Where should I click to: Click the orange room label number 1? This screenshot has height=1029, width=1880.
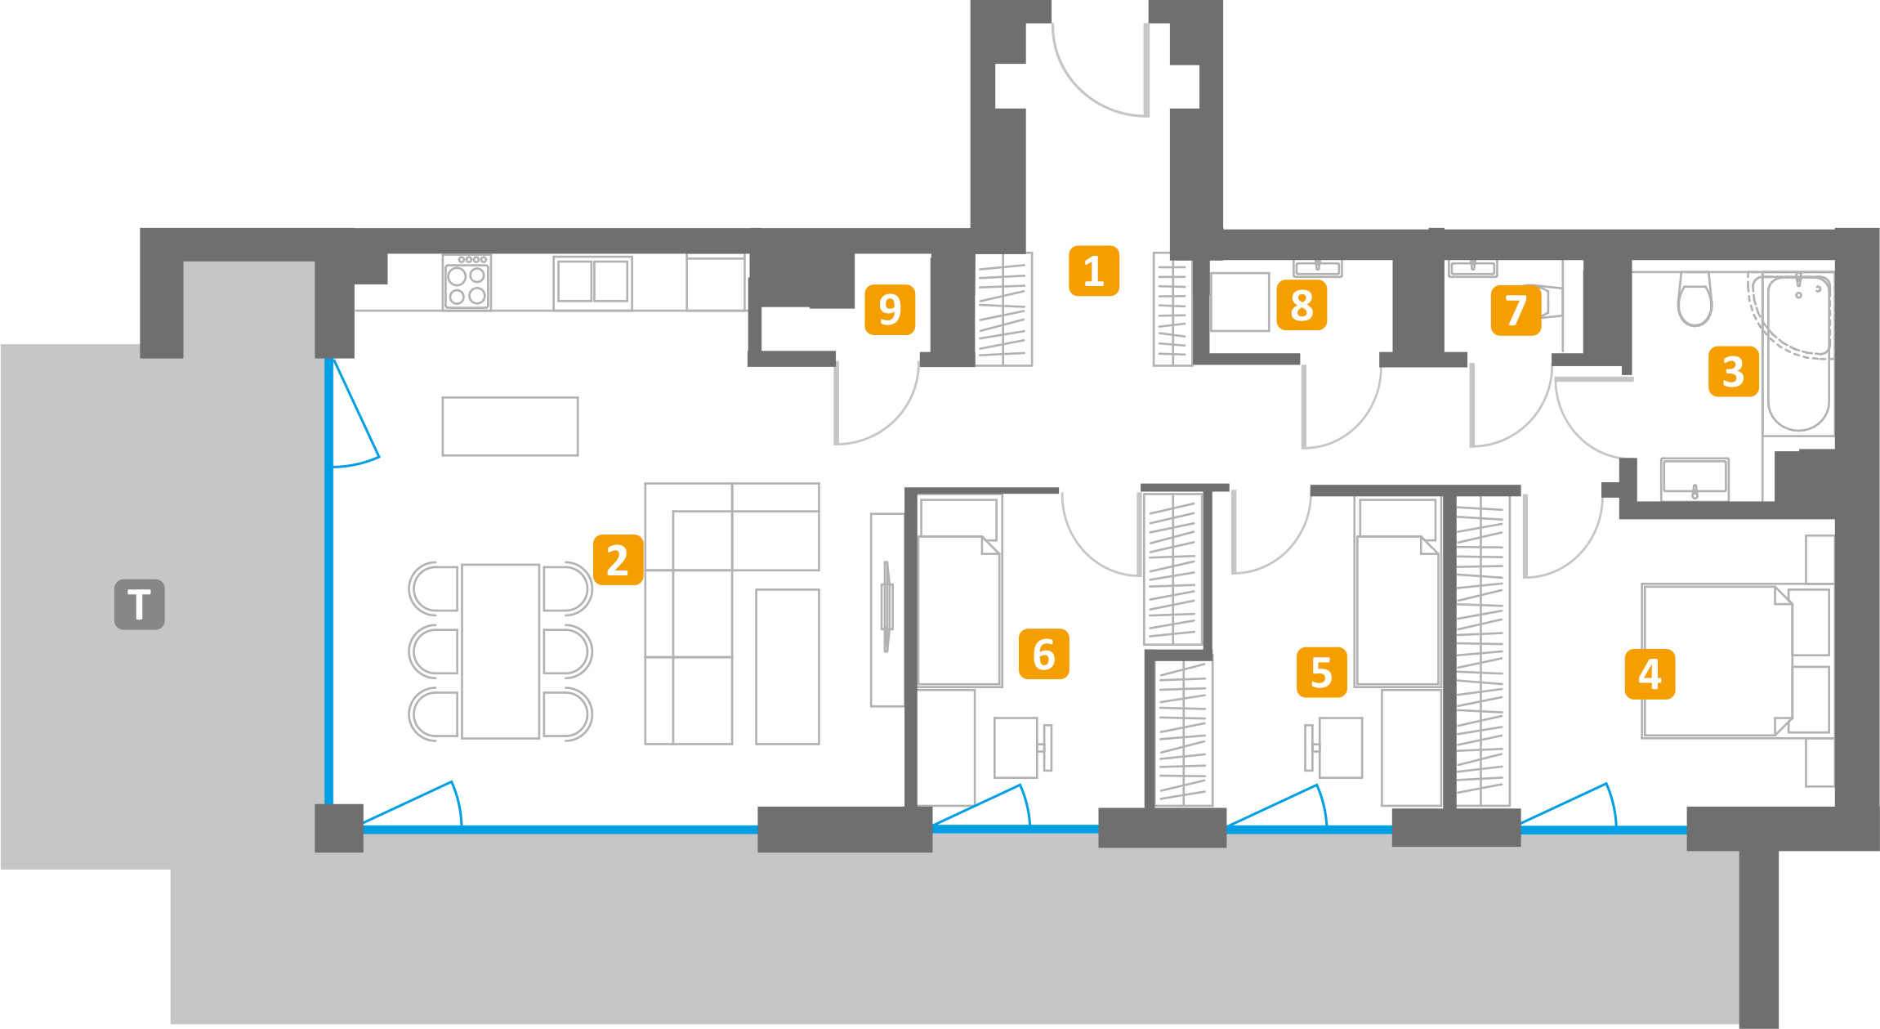pyautogui.click(x=1093, y=271)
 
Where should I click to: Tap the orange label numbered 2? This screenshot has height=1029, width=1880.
pyautogui.click(x=618, y=560)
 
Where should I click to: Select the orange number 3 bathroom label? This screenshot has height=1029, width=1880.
pyautogui.click(x=1733, y=372)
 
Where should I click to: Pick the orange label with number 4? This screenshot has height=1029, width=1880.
pyautogui.click(x=1650, y=674)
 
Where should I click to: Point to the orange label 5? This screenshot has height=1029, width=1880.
pyautogui.click(x=1321, y=672)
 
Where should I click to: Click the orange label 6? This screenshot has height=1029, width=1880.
pyautogui.click(x=1043, y=654)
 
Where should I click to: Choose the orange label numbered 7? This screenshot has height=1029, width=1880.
pyautogui.click(x=1516, y=310)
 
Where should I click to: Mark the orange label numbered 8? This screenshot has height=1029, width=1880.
pyautogui.click(x=1302, y=305)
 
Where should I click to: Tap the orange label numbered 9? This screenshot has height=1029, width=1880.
pyautogui.click(x=890, y=309)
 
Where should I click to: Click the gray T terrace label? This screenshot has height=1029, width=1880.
pyautogui.click(x=140, y=605)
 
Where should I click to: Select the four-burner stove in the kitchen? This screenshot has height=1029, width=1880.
pyautogui.click(x=467, y=283)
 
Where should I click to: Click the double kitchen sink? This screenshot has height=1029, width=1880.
pyautogui.click(x=592, y=282)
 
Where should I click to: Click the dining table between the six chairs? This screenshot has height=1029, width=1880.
pyautogui.click(x=500, y=651)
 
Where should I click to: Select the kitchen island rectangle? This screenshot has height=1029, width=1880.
pyautogui.click(x=510, y=426)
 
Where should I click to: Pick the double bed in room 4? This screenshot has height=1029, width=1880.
pyautogui.click(x=1716, y=661)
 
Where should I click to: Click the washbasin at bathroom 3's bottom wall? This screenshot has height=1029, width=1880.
pyautogui.click(x=1695, y=478)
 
